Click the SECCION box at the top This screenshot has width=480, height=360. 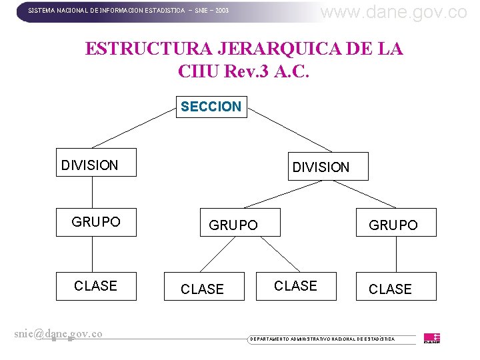tap(211, 107)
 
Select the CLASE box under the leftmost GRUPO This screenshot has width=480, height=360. tap(95, 286)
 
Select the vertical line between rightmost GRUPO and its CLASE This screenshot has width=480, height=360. tap(396, 254)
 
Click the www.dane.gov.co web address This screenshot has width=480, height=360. tap(394, 11)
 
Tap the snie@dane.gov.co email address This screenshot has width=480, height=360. tap(58, 333)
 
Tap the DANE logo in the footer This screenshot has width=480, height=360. tap(432, 338)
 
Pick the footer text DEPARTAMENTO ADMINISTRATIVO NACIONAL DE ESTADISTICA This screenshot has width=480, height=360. tap(322, 339)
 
